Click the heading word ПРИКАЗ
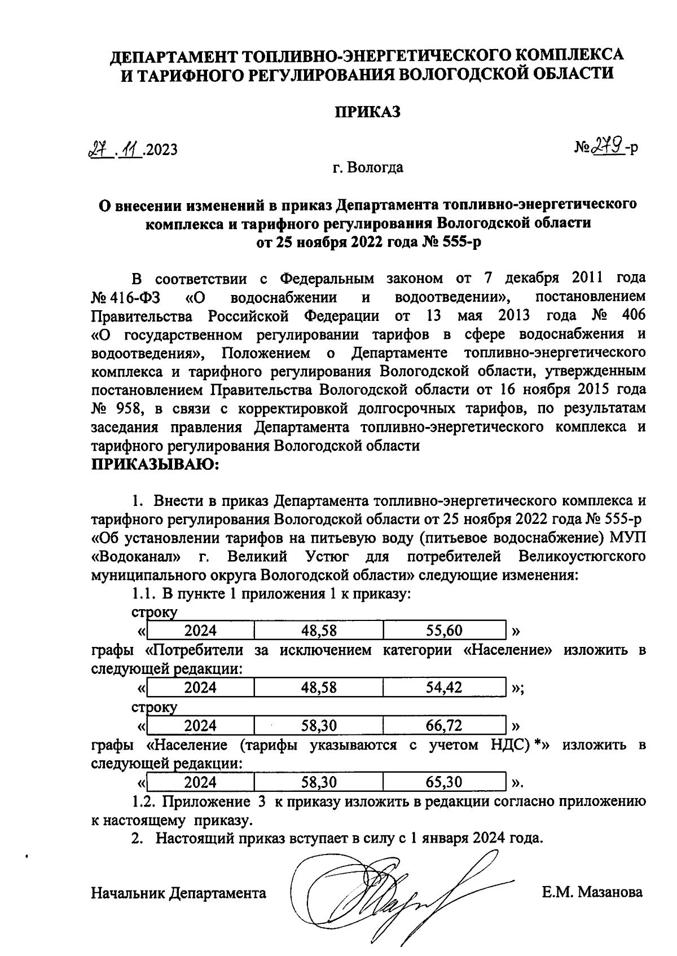368,112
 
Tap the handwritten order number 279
606,148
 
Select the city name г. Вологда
367,168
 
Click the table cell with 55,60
444,630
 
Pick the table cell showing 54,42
444,687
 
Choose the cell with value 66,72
444,725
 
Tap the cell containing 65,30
444,782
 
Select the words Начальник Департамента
178,893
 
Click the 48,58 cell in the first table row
319,630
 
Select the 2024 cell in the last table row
200,782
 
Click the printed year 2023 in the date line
160,150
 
